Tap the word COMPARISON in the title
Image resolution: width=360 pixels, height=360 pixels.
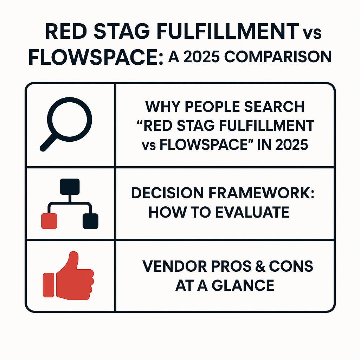pyautogui.click(x=278, y=57)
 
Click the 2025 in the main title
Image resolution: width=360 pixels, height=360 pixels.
pyautogui.click(x=201, y=57)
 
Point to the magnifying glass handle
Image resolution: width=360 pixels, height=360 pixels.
pyautogui.click(x=49, y=142)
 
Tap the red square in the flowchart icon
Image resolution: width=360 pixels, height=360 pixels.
pyautogui.click(x=49, y=221)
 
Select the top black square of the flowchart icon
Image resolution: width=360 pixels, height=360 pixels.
pyautogui.click(x=70, y=187)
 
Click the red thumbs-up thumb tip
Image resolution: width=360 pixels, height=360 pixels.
pyautogui.click(x=74, y=255)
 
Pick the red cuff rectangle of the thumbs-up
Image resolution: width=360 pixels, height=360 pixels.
pyautogui.click(x=49, y=285)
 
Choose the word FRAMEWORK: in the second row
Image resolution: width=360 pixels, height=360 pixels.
pyautogui.click(x=261, y=193)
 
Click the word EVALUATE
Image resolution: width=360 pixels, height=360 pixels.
pyautogui.click(x=252, y=212)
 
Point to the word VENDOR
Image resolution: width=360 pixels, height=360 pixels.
pyautogui.click(x=174, y=266)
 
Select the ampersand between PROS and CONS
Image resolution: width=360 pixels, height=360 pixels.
pyautogui.click(x=261, y=266)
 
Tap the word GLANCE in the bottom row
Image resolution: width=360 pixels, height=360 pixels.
pyautogui.click(x=243, y=285)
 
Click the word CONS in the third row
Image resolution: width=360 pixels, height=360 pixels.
pyautogui.click(x=291, y=266)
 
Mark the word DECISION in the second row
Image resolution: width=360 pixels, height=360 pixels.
pyautogui.click(x=167, y=193)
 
